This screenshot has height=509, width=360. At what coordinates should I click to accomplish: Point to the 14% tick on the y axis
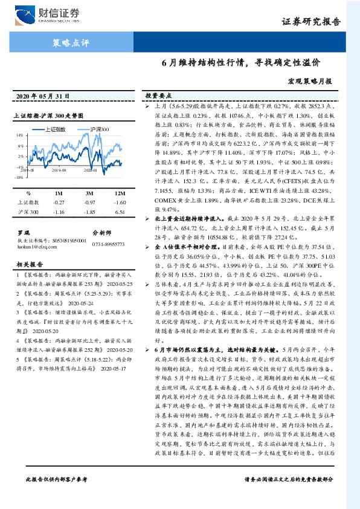click(x=19, y=135)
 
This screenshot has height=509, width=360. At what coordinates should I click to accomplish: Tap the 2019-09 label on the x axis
click(x=59, y=171)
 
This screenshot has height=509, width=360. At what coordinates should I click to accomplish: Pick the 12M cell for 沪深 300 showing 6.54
click(x=119, y=212)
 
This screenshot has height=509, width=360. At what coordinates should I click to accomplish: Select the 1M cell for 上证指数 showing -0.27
click(x=59, y=203)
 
